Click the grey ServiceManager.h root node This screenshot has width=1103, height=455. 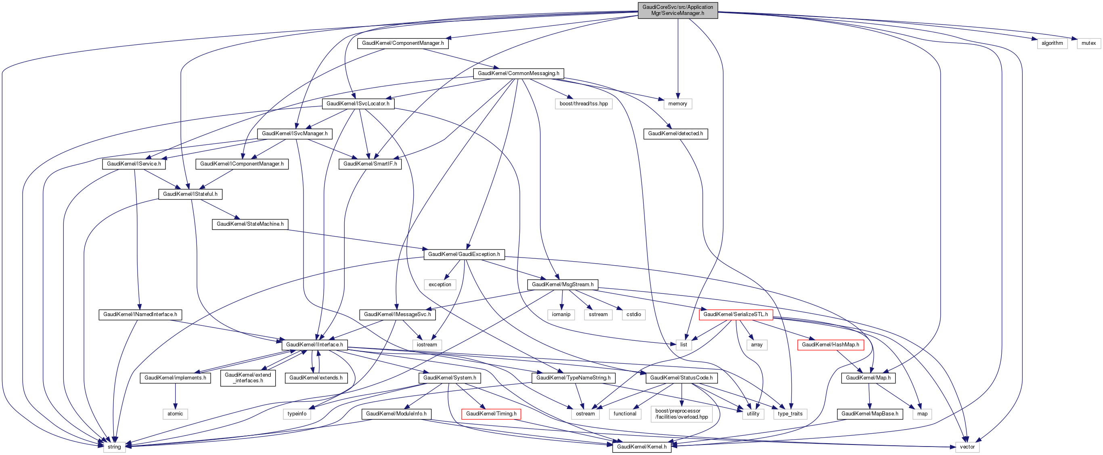(x=677, y=10)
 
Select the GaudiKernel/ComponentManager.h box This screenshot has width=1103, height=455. (x=402, y=43)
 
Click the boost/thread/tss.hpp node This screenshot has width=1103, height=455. (x=583, y=104)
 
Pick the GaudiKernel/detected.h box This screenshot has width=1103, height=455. (x=675, y=134)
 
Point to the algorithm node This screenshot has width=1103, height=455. (x=1052, y=43)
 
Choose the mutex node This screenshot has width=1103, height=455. (x=1088, y=43)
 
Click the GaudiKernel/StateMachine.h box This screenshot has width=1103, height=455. (x=250, y=224)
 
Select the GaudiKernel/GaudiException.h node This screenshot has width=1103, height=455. (x=464, y=254)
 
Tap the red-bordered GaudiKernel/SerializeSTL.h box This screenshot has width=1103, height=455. (x=736, y=315)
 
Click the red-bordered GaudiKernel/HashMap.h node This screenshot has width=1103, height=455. (x=830, y=345)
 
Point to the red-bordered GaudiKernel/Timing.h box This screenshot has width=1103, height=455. (x=491, y=414)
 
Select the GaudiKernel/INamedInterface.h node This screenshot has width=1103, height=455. (x=140, y=315)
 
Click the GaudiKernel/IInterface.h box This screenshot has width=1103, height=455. (x=314, y=345)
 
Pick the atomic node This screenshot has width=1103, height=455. (x=175, y=414)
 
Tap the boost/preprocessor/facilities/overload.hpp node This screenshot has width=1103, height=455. (x=681, y=414)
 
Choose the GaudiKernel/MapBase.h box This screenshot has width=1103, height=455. (x=870, y=414)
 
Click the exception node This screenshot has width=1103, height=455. (x=440, y=285)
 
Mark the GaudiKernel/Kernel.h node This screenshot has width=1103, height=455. (x=641, y=447)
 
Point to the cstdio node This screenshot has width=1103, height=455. (x=633, y=315)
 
